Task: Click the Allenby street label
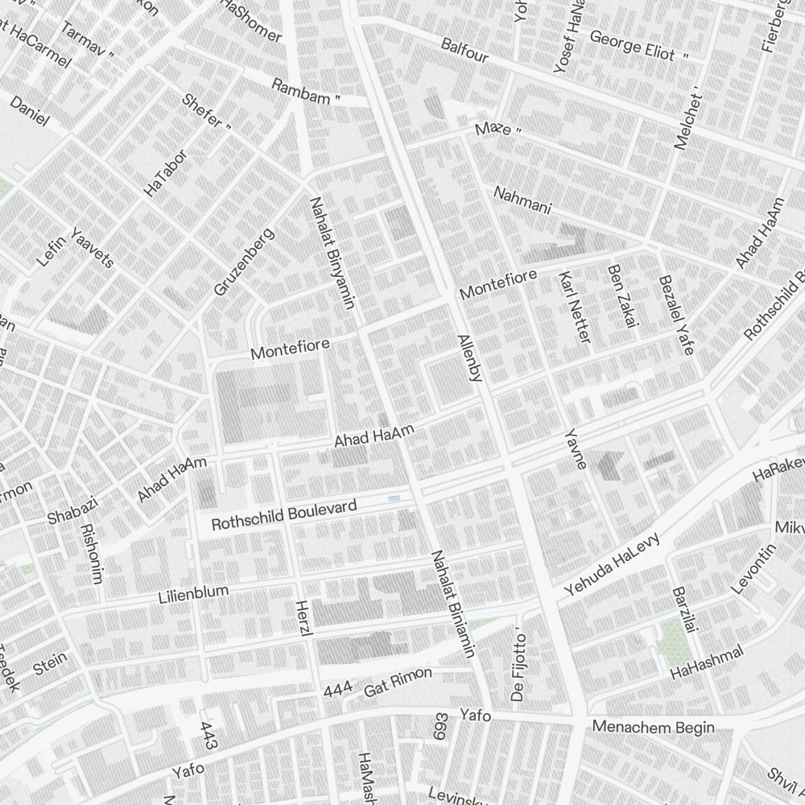click(x=469, y=357)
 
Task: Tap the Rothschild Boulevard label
click(x=283, y=515)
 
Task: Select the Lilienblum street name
click(x=193, y=595)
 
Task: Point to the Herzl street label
click(x=303, y=620)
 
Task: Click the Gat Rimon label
click(x=398, y=682)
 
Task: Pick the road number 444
click(x=338, y=691)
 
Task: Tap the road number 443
click(x=208, y=733)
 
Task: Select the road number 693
click(x=440, y=727)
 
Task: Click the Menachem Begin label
click(x=653, y=728)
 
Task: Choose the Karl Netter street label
click(x=574, y=307)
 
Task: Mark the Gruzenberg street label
click(x=244, y=261)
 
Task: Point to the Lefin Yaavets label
click(x=76, y=247)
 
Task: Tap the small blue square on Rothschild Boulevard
click(x=394, y=500)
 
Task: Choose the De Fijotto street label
click(x=518, y=667)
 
